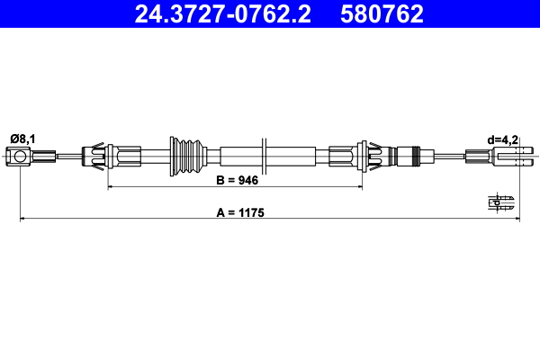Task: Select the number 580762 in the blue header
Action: [382, 13]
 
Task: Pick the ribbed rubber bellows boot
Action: [187, 157]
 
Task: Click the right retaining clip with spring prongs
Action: [370, 157]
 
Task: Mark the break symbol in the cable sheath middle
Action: [265, 157]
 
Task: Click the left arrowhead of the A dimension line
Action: [23, 218]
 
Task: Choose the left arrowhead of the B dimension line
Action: [112, 187]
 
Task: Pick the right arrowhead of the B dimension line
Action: [362, 187]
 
